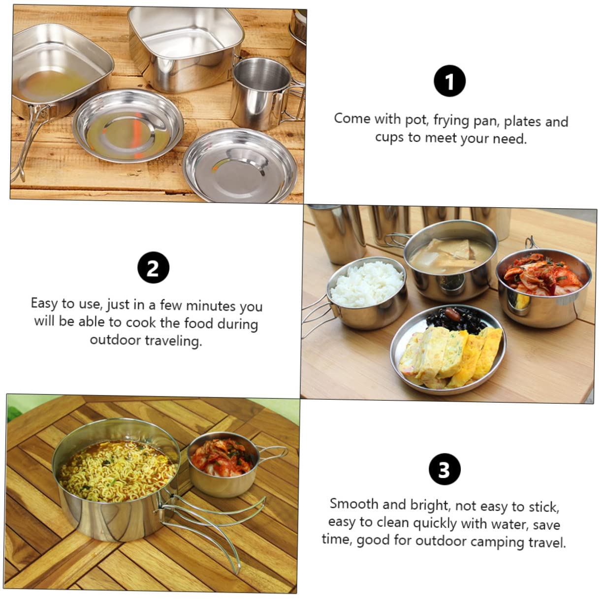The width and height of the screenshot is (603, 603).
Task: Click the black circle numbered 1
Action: [449, 81]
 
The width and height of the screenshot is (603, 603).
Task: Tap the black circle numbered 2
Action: [153, 268]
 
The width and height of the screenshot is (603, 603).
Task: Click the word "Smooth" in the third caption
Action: [354, 504]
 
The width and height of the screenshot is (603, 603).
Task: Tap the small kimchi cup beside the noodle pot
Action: [222, 463]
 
